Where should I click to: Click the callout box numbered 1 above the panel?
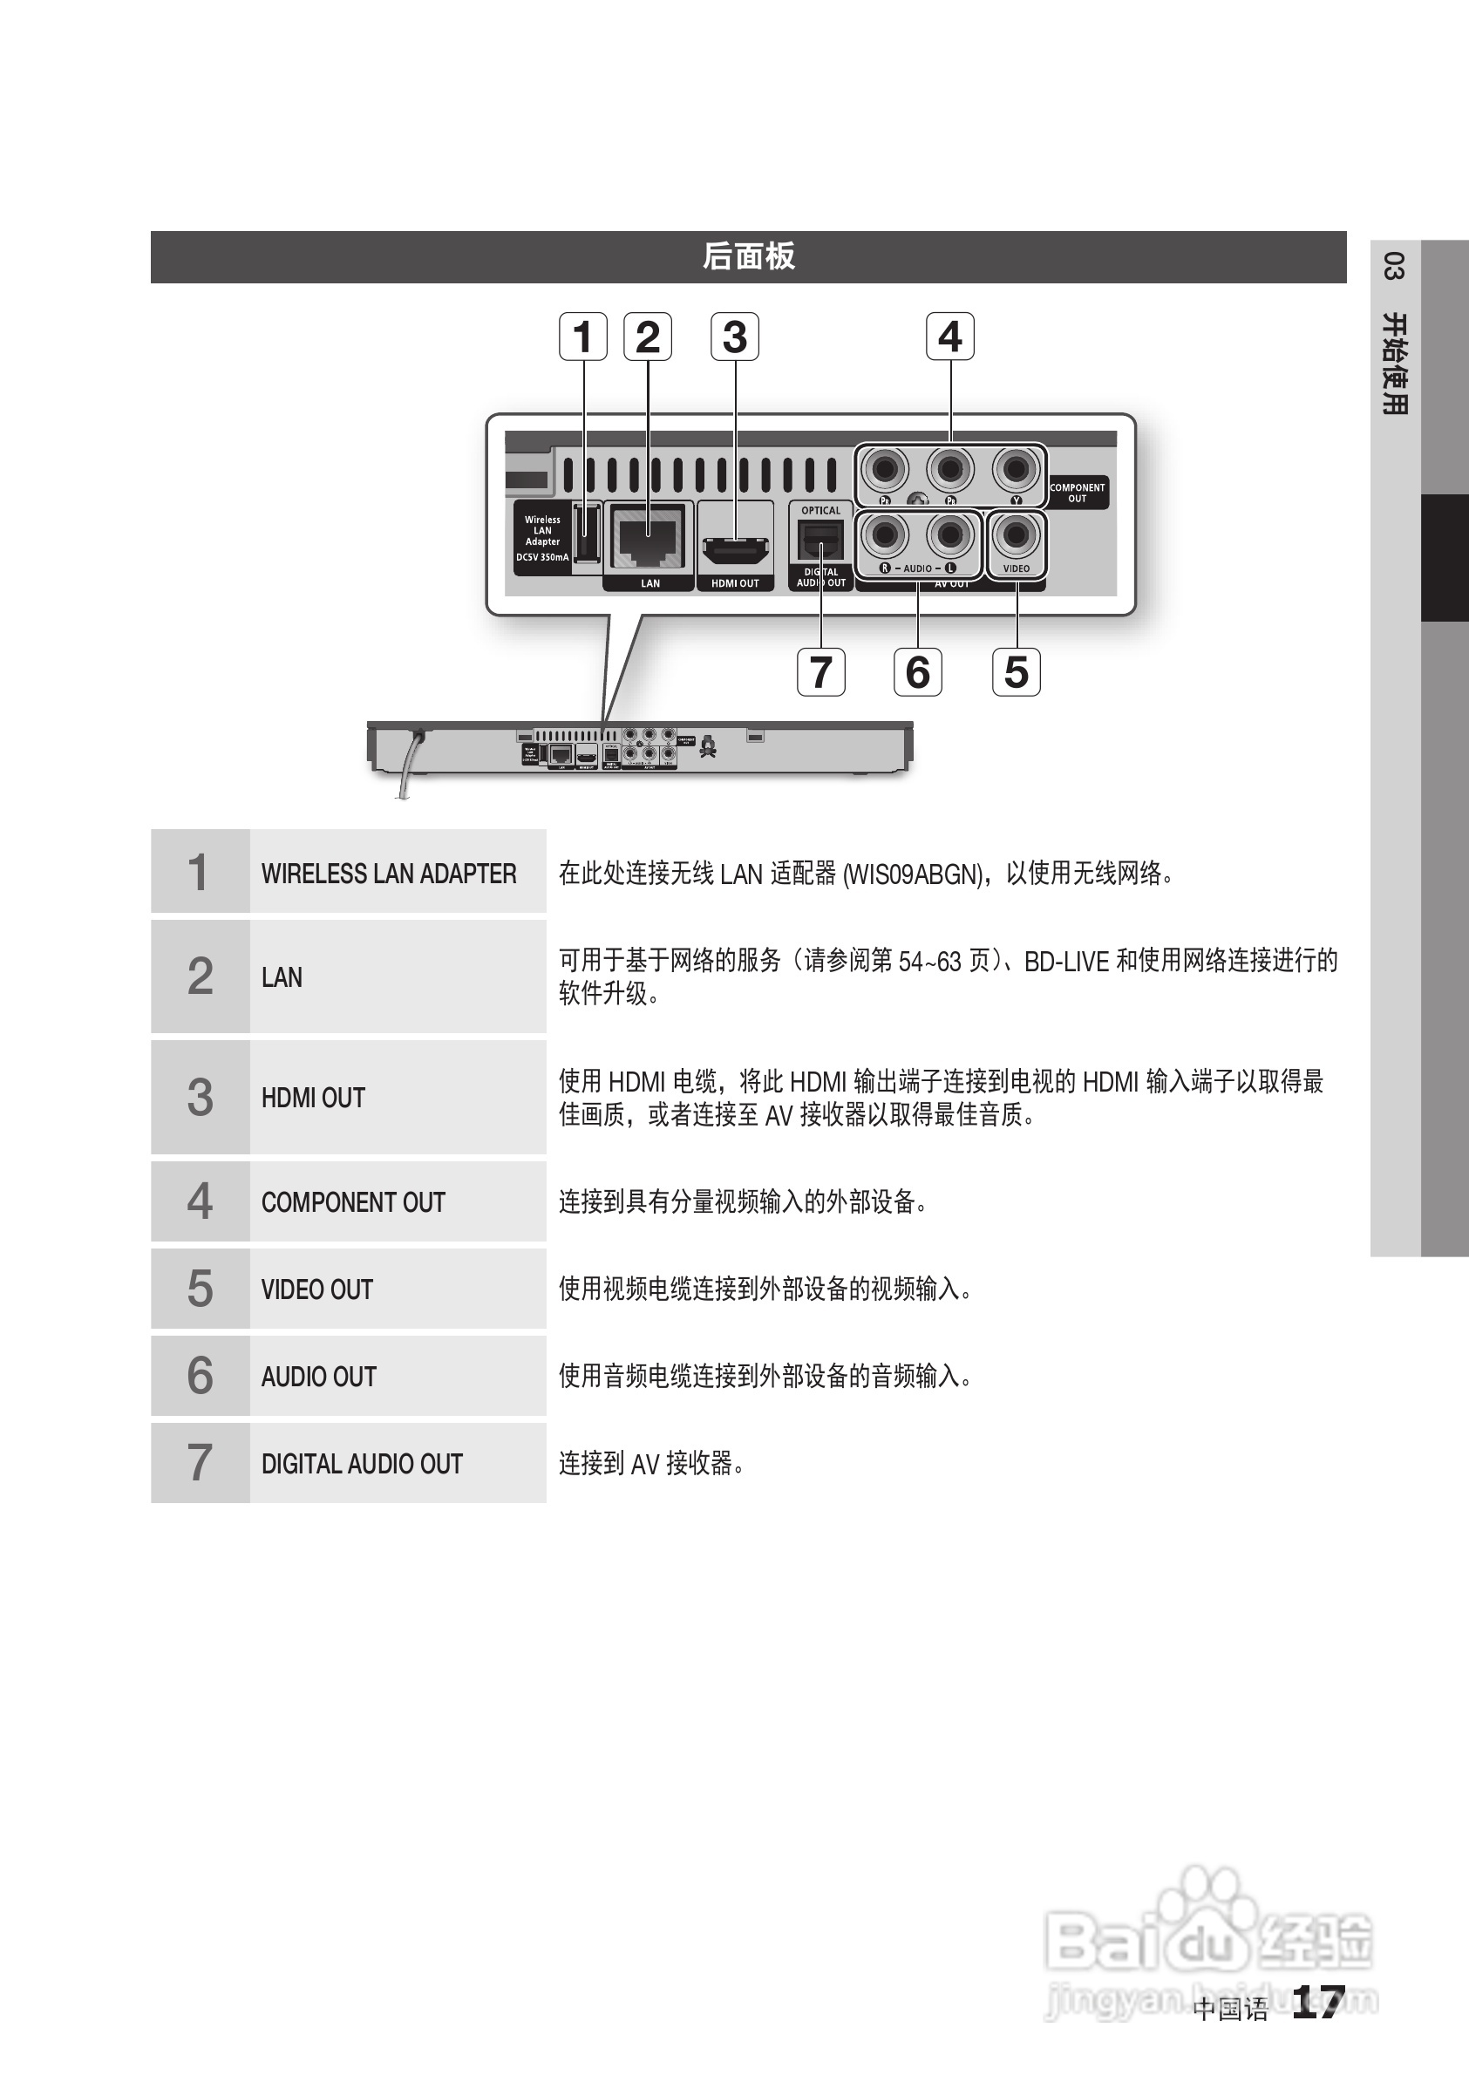click(583, 337)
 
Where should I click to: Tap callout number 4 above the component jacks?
click(949, 337)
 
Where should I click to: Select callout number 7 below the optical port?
click(820, 672)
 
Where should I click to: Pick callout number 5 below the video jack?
click(1016, 672)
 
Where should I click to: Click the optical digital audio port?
click(820, 542)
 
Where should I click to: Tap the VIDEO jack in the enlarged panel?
click(1016, 536)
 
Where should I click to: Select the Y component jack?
click(1016, 470)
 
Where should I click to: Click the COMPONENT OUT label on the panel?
click(1078, 493)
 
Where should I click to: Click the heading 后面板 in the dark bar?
click(748, 256)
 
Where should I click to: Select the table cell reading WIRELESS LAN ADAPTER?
click(389, 874)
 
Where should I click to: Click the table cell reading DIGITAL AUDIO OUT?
click(362, 1464)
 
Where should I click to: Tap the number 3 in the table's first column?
click(200, 1097)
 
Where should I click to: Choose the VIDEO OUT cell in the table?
click(317, 1289)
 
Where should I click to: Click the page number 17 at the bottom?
click(1317, 2001)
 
